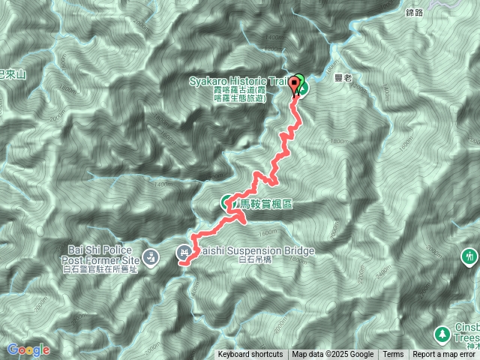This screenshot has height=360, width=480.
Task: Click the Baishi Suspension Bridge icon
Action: [184, 251]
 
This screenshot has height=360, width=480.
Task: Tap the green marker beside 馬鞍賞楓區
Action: [227, 202]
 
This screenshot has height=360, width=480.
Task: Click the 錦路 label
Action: [415, 12]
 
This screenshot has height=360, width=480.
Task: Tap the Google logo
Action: [28, 349]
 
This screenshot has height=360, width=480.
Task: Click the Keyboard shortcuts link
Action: [250, 355]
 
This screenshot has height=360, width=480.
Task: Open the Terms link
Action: [393, 355]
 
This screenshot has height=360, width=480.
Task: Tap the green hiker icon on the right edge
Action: [471, 256]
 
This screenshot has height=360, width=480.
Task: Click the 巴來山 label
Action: [13, 74]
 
